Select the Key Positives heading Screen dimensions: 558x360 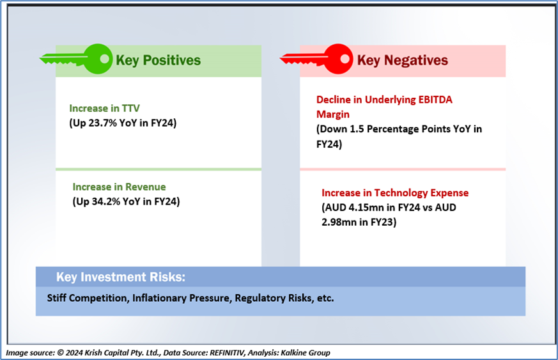159,60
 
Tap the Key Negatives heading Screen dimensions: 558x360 403,60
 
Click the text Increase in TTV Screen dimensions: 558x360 104,108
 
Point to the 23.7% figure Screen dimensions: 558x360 103,123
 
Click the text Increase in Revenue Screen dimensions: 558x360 120,187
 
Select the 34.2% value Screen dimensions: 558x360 106,201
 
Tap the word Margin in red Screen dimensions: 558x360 333,114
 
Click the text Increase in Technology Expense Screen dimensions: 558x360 395,193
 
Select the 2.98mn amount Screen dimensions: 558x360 338,222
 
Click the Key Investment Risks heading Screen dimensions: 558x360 121,277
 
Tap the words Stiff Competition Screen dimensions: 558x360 88,298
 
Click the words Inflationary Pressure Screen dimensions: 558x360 181,298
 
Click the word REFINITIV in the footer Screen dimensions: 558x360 227,353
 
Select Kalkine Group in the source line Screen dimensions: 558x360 306,353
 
